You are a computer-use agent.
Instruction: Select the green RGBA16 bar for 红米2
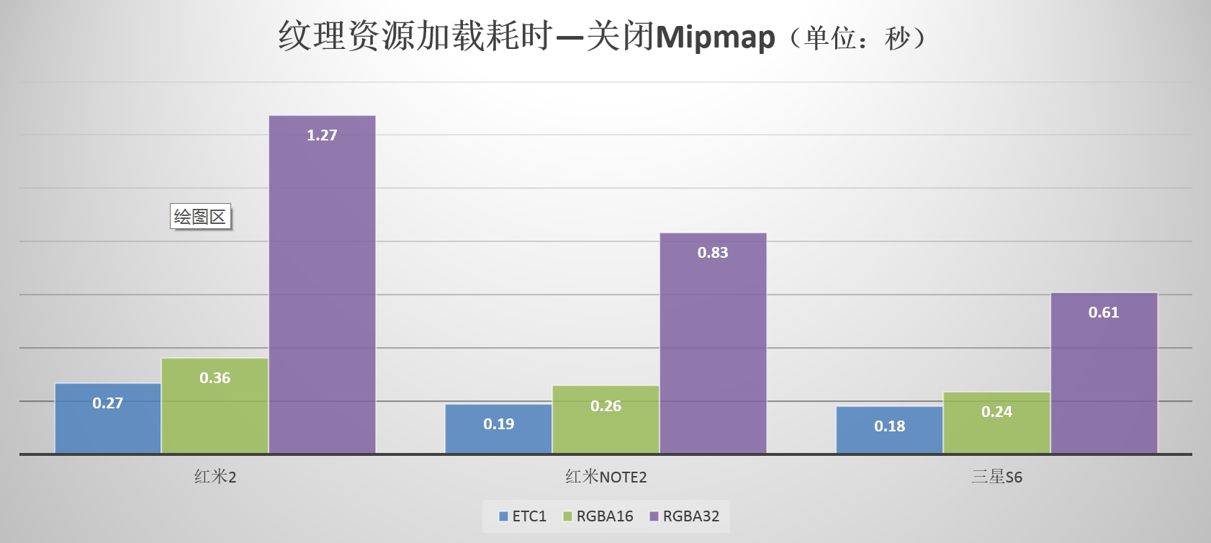[x=215, y=406]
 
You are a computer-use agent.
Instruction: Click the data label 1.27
[x=322, y=135]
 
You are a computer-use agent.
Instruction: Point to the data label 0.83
[x=713, y=253]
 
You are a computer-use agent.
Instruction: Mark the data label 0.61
[x=1104, y=313]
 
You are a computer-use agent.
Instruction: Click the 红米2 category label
[x=215, y=477]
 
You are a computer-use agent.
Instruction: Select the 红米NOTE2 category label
[x=605, y=477]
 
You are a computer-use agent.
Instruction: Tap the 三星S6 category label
[x=996, y=477]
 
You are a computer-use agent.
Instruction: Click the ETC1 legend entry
[x=523, y=516]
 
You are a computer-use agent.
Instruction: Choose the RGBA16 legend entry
[x=598, y=516]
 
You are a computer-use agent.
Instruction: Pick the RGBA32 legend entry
[x=685, y=516]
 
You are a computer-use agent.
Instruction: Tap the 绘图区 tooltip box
[x=200, y=217]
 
